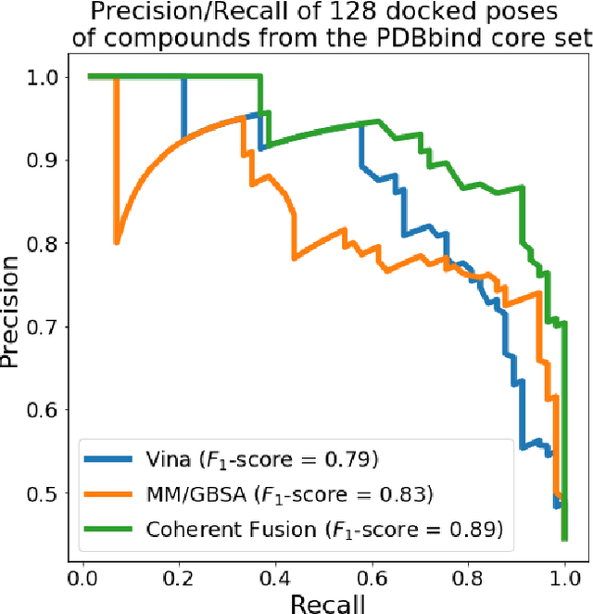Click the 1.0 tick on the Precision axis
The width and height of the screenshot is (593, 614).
[44, 77]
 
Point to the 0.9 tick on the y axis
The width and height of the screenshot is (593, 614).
[44, 160]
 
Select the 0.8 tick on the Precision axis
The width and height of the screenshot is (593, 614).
[44, 244]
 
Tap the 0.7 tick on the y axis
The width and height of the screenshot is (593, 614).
[44, 326]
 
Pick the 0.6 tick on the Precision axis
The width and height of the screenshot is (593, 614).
[44, 410]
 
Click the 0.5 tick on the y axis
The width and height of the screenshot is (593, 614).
[44, 493]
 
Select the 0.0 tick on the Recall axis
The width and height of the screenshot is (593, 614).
[83, 577]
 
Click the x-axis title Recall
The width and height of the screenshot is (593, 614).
[328, 603]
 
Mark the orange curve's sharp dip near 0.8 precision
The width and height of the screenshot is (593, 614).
[116, 242]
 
